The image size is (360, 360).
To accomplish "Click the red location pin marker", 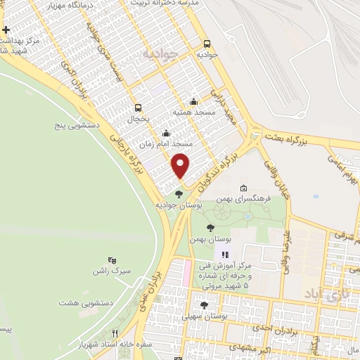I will [181, 165].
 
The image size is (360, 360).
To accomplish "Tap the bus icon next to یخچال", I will [138, 108].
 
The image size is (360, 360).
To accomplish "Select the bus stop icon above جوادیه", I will [207, 42].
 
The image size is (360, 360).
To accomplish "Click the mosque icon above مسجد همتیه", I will [194, 102].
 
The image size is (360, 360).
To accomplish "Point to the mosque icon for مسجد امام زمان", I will [167, 134].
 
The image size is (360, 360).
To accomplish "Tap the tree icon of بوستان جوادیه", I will [179, 194].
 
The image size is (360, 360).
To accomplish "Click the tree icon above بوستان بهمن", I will [210, 227].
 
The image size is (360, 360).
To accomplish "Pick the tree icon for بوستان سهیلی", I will [204, 305].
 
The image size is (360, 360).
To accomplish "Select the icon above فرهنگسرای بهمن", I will [243, 188].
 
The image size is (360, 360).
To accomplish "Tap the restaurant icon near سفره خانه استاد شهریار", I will [115, 334].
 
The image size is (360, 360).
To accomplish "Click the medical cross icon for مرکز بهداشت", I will [6, 30].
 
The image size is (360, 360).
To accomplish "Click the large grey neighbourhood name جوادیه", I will [157, 53].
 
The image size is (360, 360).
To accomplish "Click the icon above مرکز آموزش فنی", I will [225, 255].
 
